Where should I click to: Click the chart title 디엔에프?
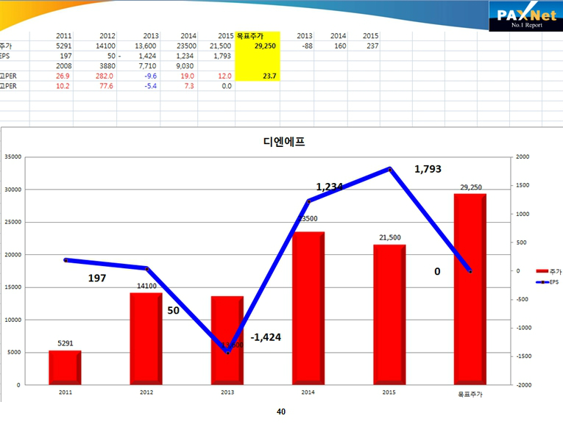pos(283,142)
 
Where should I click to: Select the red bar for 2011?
pos(65,367)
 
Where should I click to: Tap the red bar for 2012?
pos(146,338)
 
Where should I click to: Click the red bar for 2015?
pos(389,314)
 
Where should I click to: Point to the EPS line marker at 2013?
pos(227,353)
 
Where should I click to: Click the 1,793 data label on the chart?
pos(428,169)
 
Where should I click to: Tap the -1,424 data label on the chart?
pos(266,337)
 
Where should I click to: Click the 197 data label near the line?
pos(97,279)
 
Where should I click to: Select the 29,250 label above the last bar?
pos(471,187)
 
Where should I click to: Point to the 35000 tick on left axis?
pos(13,157)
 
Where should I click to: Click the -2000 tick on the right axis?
pos(523,384)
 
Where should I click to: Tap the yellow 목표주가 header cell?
pos(258,35)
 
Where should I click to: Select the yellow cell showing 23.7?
pos(258,76)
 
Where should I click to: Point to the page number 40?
pos(281,412)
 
